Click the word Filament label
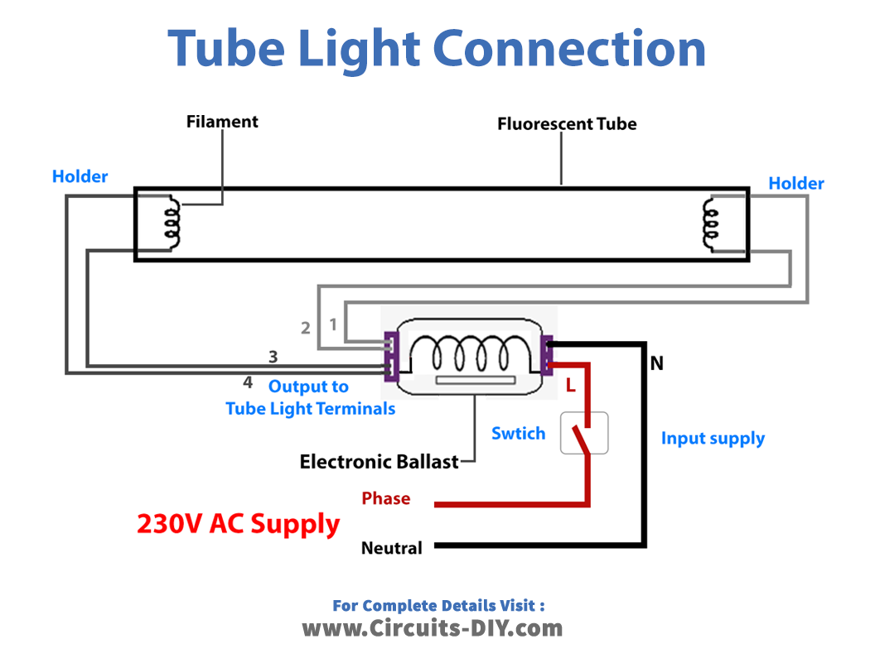point(222,122)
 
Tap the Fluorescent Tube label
point(567,124)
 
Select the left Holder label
point(80,176)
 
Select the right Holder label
point(796,183)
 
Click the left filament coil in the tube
point(172,222)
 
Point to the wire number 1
point(333,324)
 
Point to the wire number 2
point(306,328)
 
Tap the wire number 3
point(273,357)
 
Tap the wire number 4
point(247,382)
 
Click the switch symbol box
point(584,432)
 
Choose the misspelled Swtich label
point(518,433)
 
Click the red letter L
point(570,385)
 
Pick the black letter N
point(657,363)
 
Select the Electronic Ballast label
point(379,461)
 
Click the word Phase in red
point(385,498)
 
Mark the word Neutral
point(391,547)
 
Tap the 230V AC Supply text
point(238,524)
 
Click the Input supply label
point(713,438)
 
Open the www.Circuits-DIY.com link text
point(432,628)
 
